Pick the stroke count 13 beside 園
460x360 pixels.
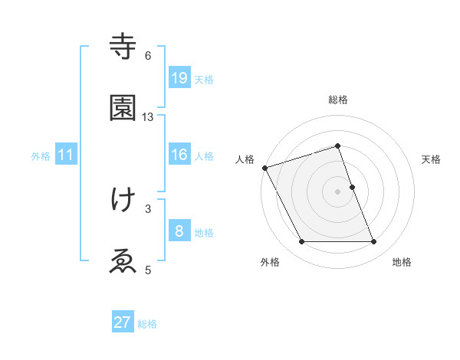(148, 117)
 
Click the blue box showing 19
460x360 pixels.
(179, 78)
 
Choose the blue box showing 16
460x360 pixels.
(179, 155)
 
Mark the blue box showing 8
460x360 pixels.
(179, 231)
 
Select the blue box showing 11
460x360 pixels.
(66, 155)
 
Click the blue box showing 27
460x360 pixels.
(123, 322)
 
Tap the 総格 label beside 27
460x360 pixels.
(147, 324)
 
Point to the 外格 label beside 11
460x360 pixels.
(41, 155)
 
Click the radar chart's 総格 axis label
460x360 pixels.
(338, 100)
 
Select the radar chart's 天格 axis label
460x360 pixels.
(432, 159)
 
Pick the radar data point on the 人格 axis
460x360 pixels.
(264, 168)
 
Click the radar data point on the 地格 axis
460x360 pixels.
(374, 242)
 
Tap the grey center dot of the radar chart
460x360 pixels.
(338, 191)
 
